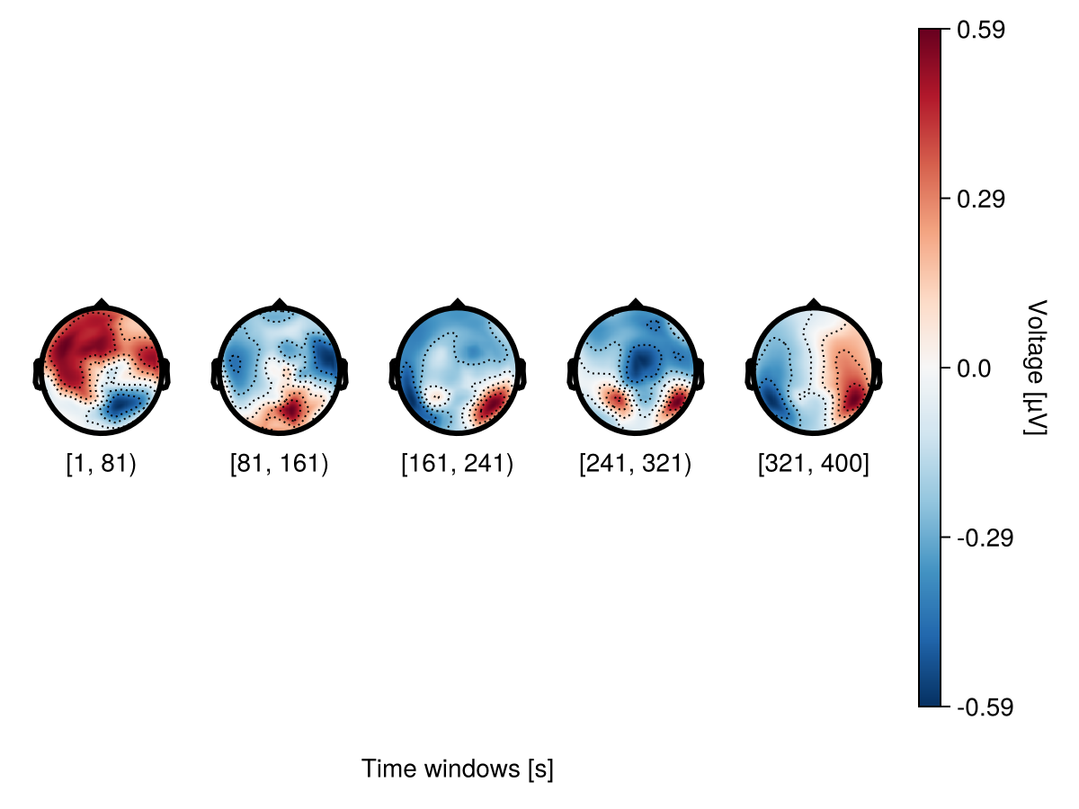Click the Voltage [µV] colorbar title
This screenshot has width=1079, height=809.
1036,369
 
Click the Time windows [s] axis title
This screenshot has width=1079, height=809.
457,769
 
